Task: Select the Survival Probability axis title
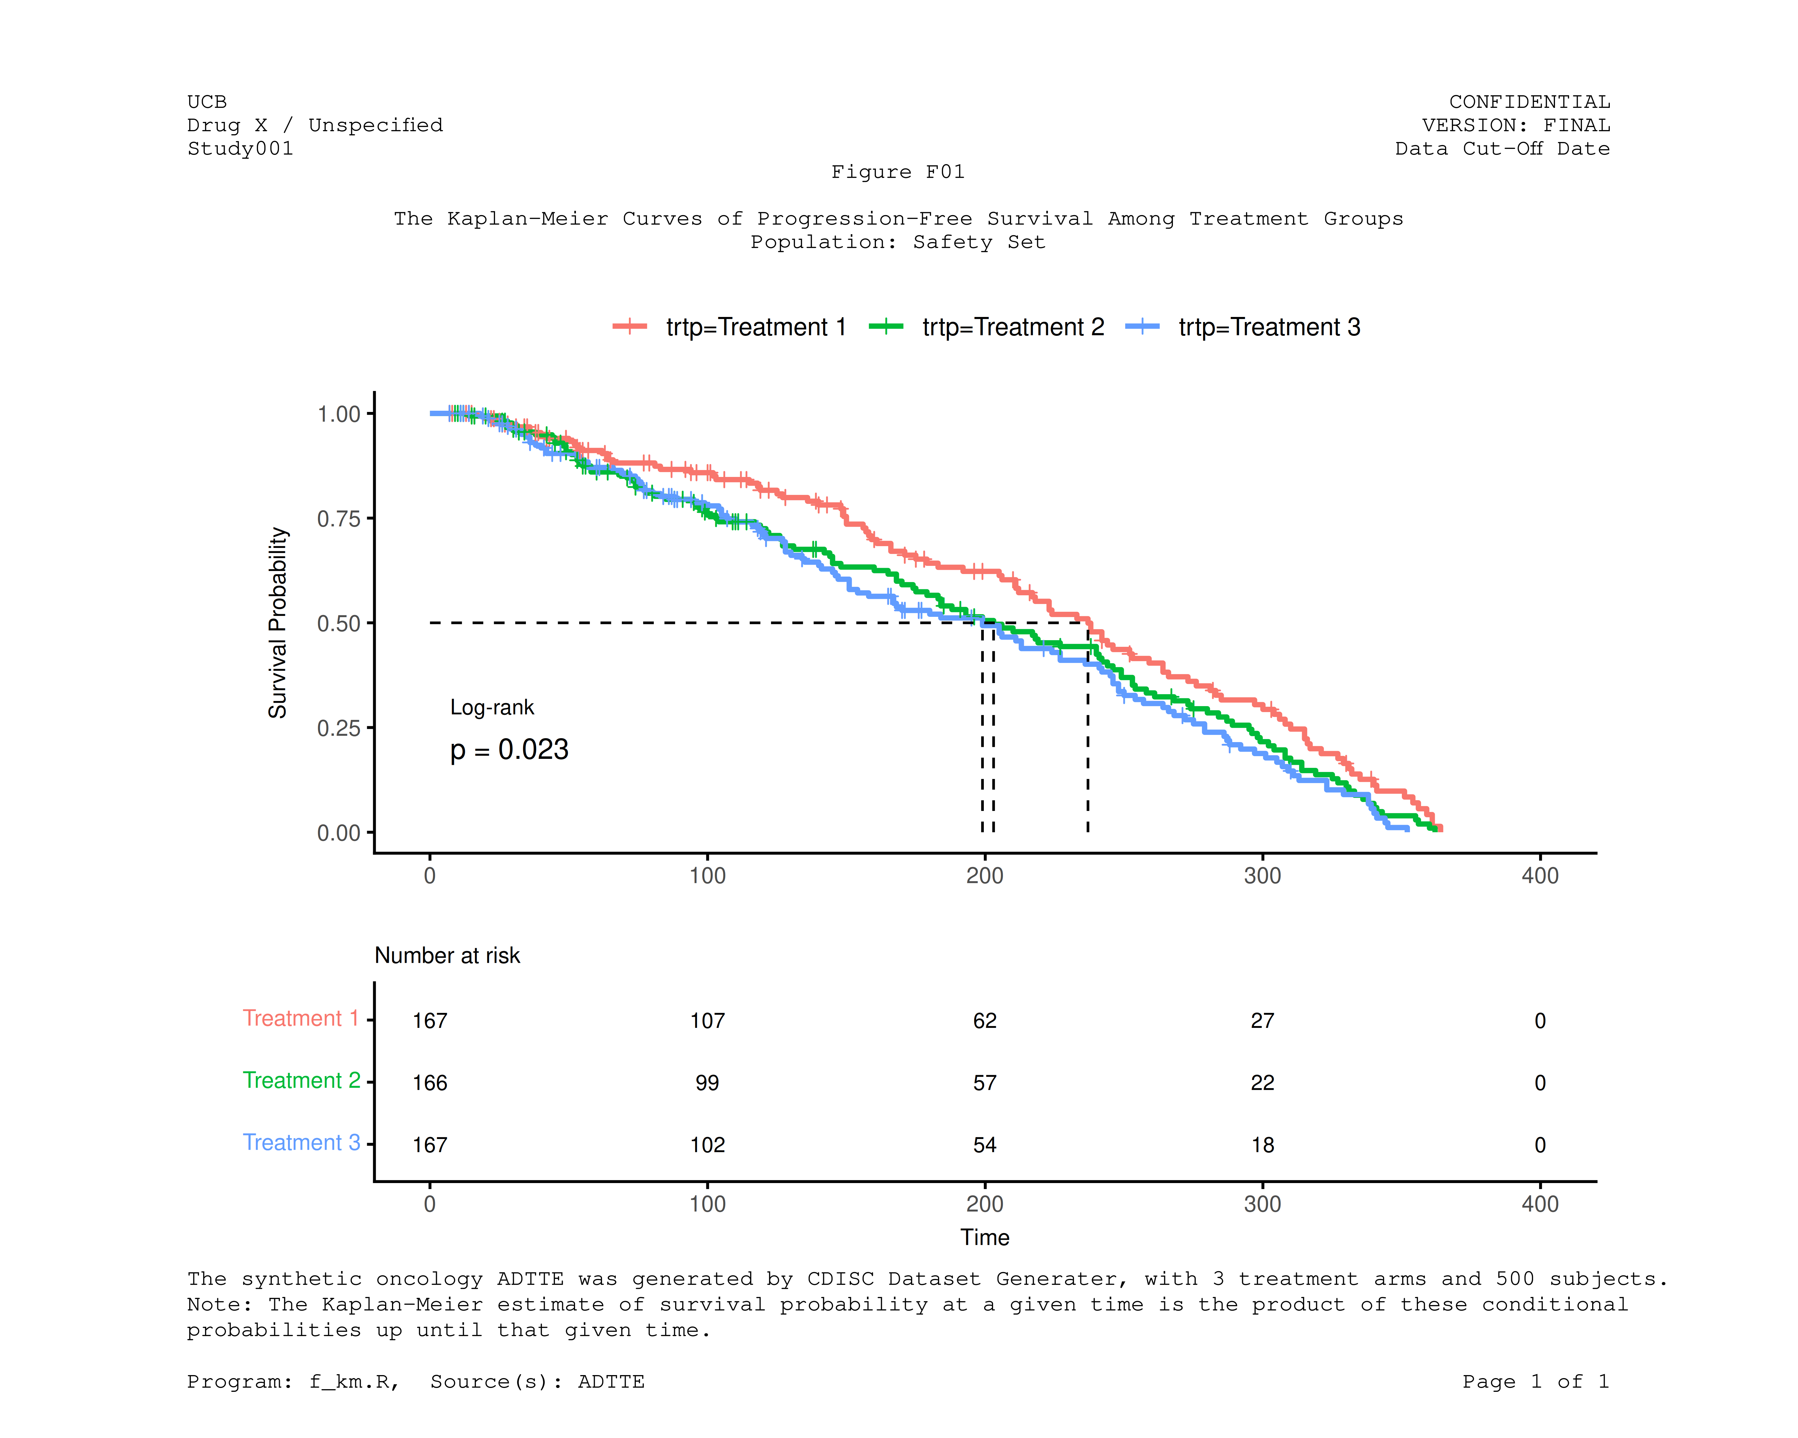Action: tap(278, 623)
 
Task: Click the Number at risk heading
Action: tap(447, 955)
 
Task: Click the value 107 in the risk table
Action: tap(707, 1020)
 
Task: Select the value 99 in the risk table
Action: tap(707, 1083)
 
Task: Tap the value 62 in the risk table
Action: tap(985, 1020)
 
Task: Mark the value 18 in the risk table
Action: tap(1262, 1145)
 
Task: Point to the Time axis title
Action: tap(985, 1237)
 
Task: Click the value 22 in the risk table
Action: tap(1262, 1083)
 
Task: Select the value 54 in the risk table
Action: tap(985, 1145)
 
